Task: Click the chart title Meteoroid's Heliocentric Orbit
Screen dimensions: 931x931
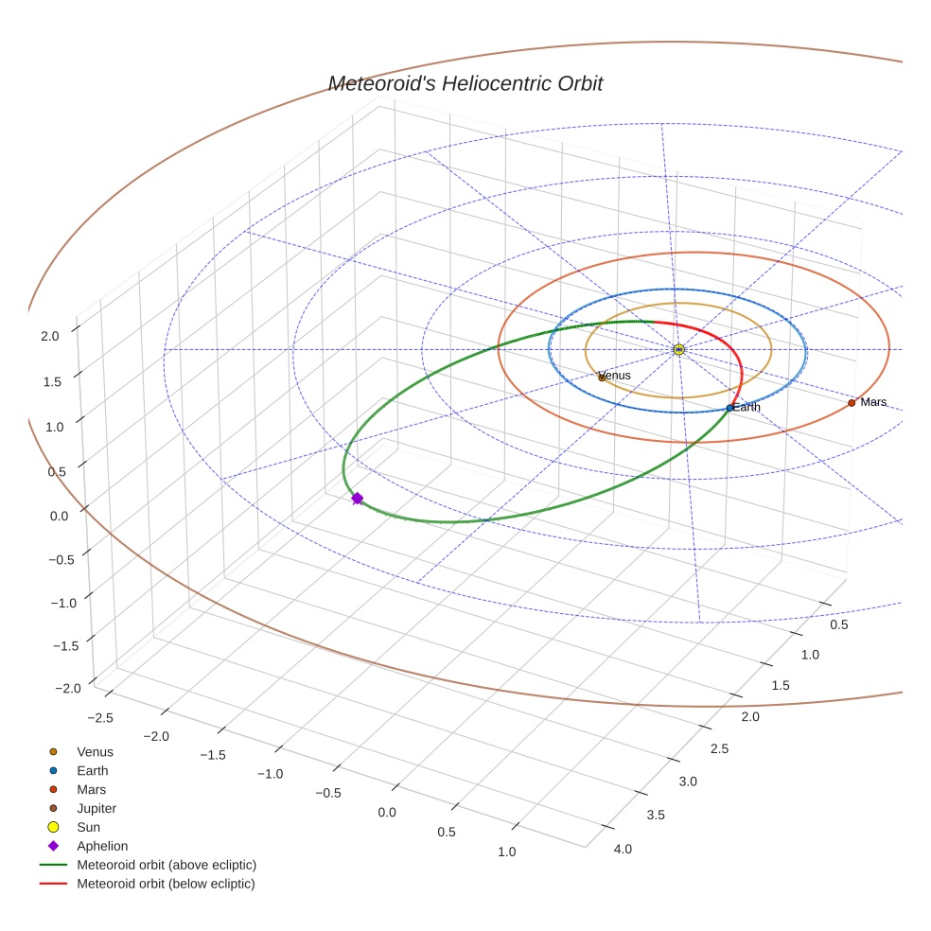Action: (x=465, y=83)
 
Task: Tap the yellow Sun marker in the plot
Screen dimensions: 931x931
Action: (x=678, y=349)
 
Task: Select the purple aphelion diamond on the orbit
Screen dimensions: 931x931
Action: (x=357, y=498)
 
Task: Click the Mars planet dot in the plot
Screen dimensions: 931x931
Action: (x=852, y=402)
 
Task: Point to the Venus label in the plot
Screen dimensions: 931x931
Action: (x=615, y=376)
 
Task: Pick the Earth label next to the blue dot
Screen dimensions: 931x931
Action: (x=747, y=407)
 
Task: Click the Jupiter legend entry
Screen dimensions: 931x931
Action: (x=97, y=808)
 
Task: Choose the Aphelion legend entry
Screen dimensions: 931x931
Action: (x=102, y=846)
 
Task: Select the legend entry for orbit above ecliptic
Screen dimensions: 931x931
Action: (x=167, y=865)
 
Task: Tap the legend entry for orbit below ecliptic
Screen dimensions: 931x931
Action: (x=166, y=884)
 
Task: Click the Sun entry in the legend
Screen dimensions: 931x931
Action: (x=88, y=827)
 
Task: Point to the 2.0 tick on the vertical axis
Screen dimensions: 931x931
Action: (x=50, y=335)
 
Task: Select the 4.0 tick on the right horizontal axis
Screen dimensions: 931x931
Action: (x=623, y=849)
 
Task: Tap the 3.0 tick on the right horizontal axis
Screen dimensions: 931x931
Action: (x=688, y=781)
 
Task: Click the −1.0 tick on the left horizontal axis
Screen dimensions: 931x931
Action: (x=271, y=774)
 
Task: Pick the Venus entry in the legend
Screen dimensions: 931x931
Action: (x=95, y=752)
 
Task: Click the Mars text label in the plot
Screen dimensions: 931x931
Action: (x=873, y=402)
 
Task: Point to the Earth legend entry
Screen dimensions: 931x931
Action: (x=93, y=771)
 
